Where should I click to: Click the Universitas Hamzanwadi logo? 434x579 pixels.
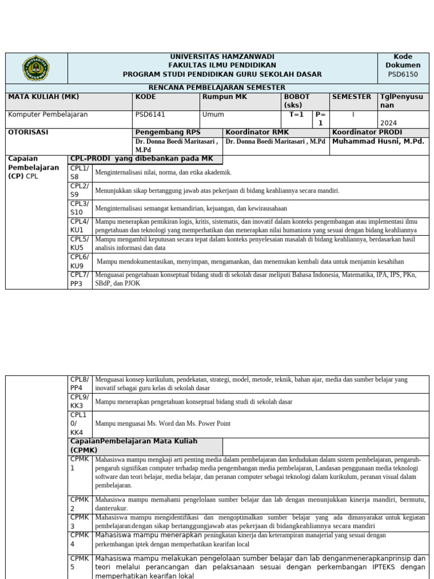36,68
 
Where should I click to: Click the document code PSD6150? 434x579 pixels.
403,74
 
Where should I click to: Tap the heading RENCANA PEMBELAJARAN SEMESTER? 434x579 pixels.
217,88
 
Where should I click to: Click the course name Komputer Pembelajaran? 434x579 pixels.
47,114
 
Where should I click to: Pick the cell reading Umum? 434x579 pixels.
213,114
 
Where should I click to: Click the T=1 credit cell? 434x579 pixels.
297,114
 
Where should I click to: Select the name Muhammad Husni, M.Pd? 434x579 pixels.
377,141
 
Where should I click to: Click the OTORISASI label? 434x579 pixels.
28,132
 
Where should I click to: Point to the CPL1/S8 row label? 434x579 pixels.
80,172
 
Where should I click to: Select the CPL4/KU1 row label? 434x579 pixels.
80,226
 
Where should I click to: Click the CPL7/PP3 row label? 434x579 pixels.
80,280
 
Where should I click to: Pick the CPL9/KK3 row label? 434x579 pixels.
80,401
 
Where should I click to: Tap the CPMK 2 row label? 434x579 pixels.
80,504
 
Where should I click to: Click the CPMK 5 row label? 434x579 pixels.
80,563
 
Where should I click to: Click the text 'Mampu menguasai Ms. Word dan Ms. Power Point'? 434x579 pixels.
163,424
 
